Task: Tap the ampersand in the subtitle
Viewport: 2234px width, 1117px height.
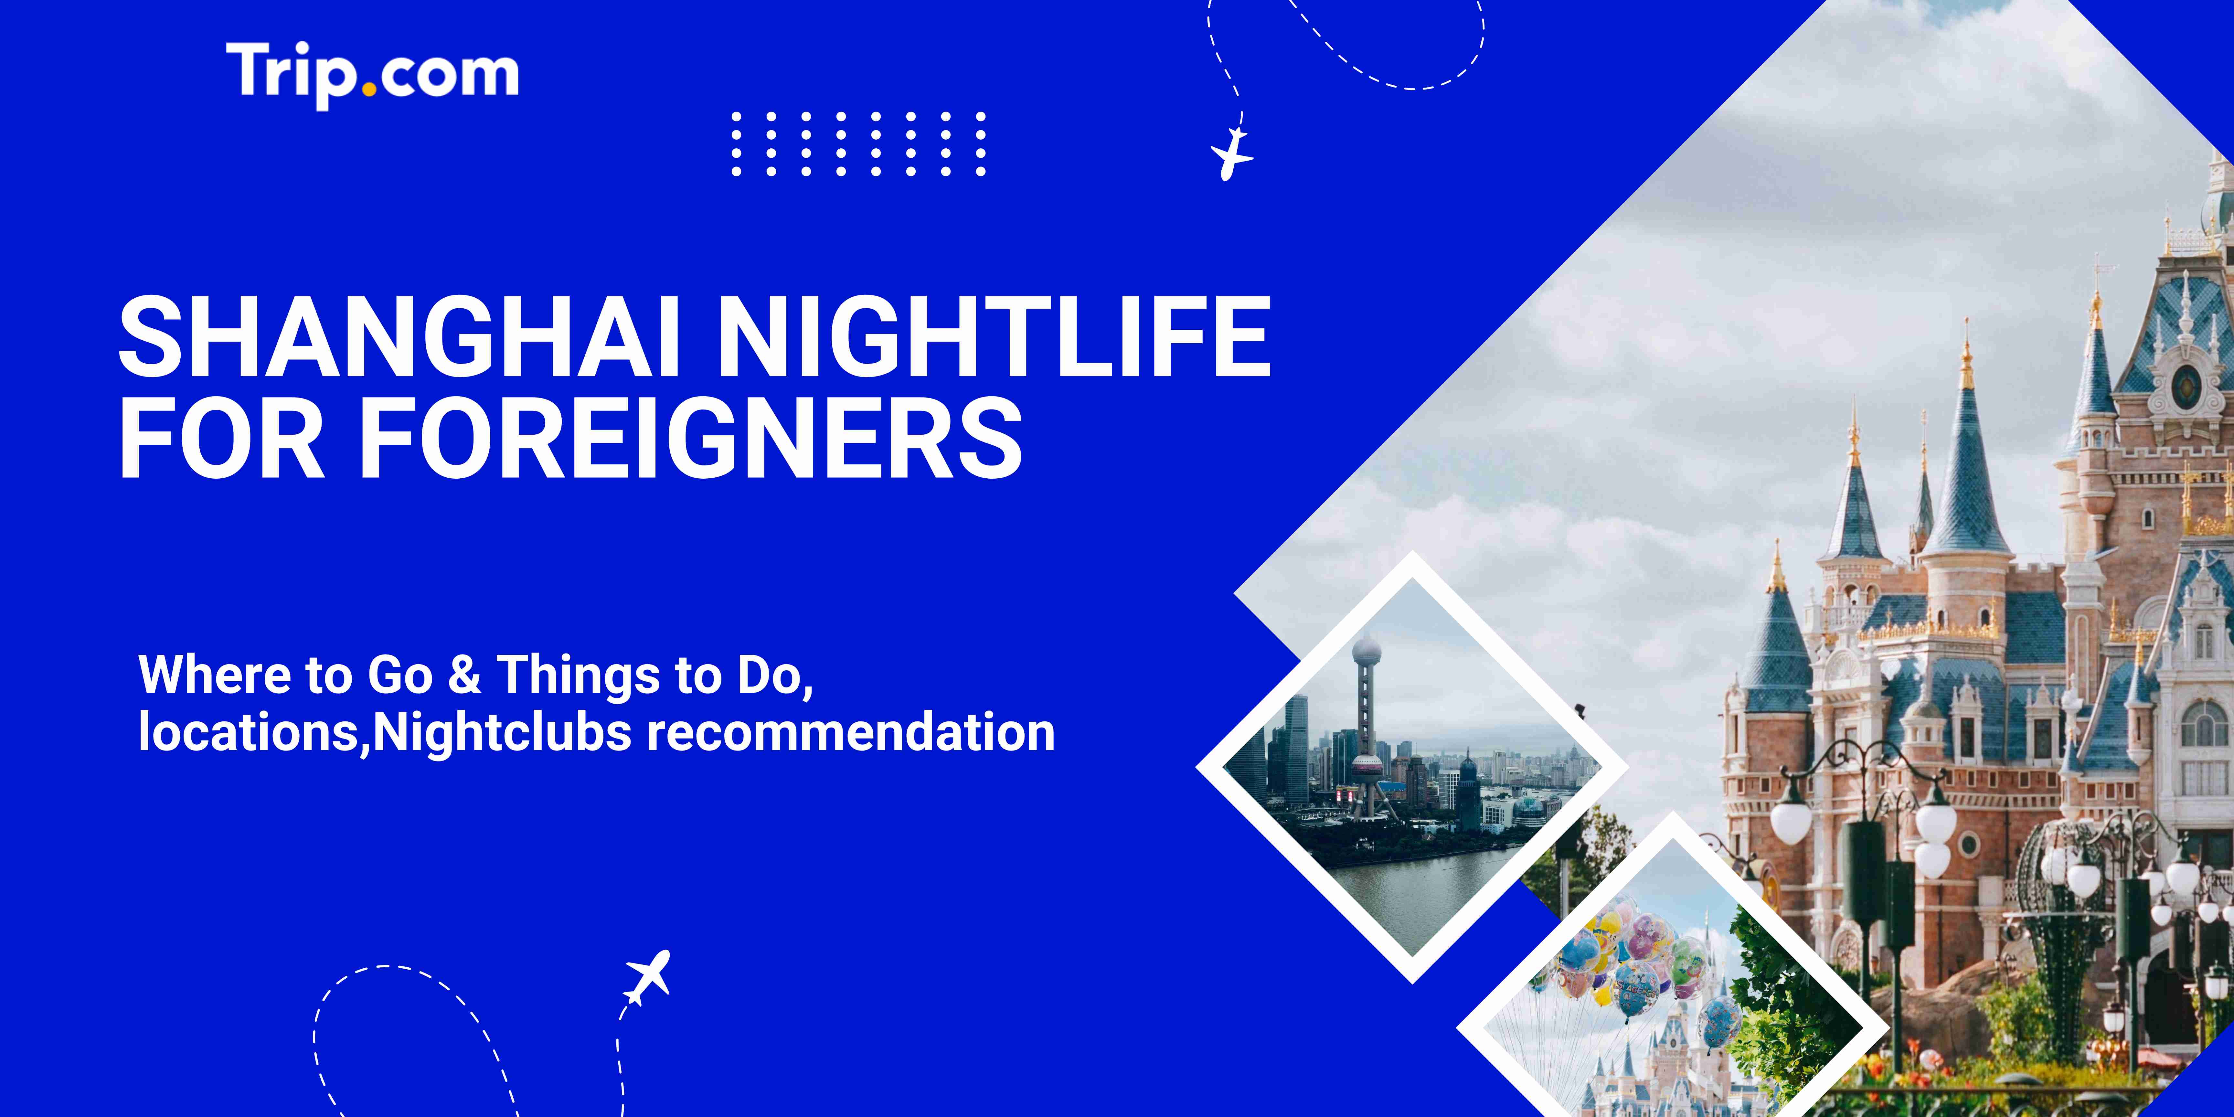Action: click(465, 675)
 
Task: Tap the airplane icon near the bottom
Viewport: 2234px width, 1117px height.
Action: click(648, 977)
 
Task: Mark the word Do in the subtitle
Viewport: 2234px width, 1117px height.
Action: click(772, 675)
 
